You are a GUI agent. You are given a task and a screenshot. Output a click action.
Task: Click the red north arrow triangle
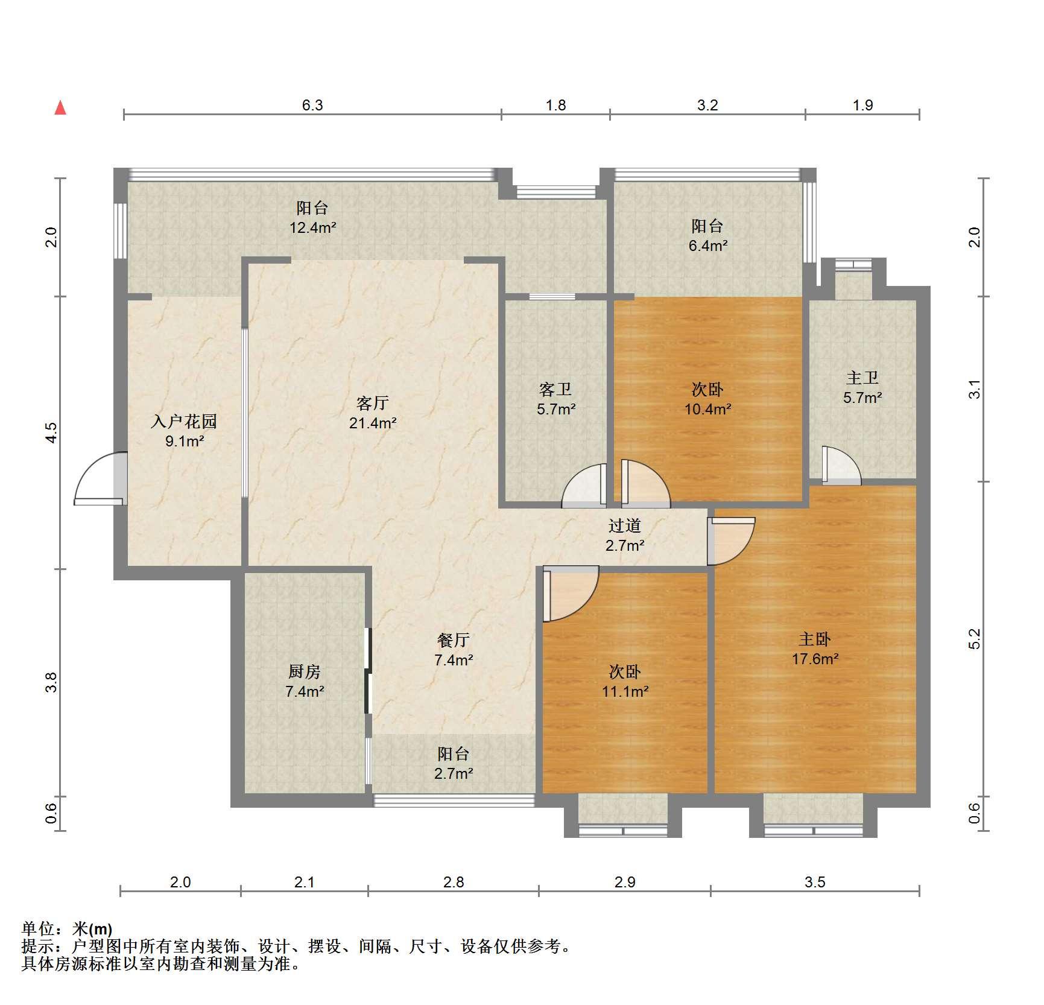[60, 108]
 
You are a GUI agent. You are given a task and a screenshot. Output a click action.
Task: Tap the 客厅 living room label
[373, 403]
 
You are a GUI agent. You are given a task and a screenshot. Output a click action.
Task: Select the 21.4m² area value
[373, 423]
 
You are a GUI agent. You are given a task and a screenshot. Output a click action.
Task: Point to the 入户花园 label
[184, 421]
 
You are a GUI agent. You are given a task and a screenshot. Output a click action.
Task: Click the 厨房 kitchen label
[305, 671]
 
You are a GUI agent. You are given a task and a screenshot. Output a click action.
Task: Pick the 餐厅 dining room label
[454, 639]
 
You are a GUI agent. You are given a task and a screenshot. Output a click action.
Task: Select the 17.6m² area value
[815, 659]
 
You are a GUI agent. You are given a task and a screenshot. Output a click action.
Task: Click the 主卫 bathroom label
[862, 378]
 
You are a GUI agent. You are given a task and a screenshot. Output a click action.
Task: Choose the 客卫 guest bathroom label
[555, 389]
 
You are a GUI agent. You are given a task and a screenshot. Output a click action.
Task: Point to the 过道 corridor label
[625, 525]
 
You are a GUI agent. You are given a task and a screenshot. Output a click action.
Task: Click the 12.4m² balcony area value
[312, 228]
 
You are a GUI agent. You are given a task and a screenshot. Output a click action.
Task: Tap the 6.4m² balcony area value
[708, 246]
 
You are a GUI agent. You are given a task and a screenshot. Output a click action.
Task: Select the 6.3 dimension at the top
[312, 106]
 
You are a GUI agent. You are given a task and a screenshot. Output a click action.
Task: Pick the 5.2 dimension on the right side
[975, 639]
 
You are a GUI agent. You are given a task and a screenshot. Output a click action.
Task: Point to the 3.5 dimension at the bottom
[815, 883]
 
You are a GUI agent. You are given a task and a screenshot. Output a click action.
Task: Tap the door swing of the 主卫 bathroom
[841, 465]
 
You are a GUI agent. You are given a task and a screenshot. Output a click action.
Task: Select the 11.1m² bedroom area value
[625, 691]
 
